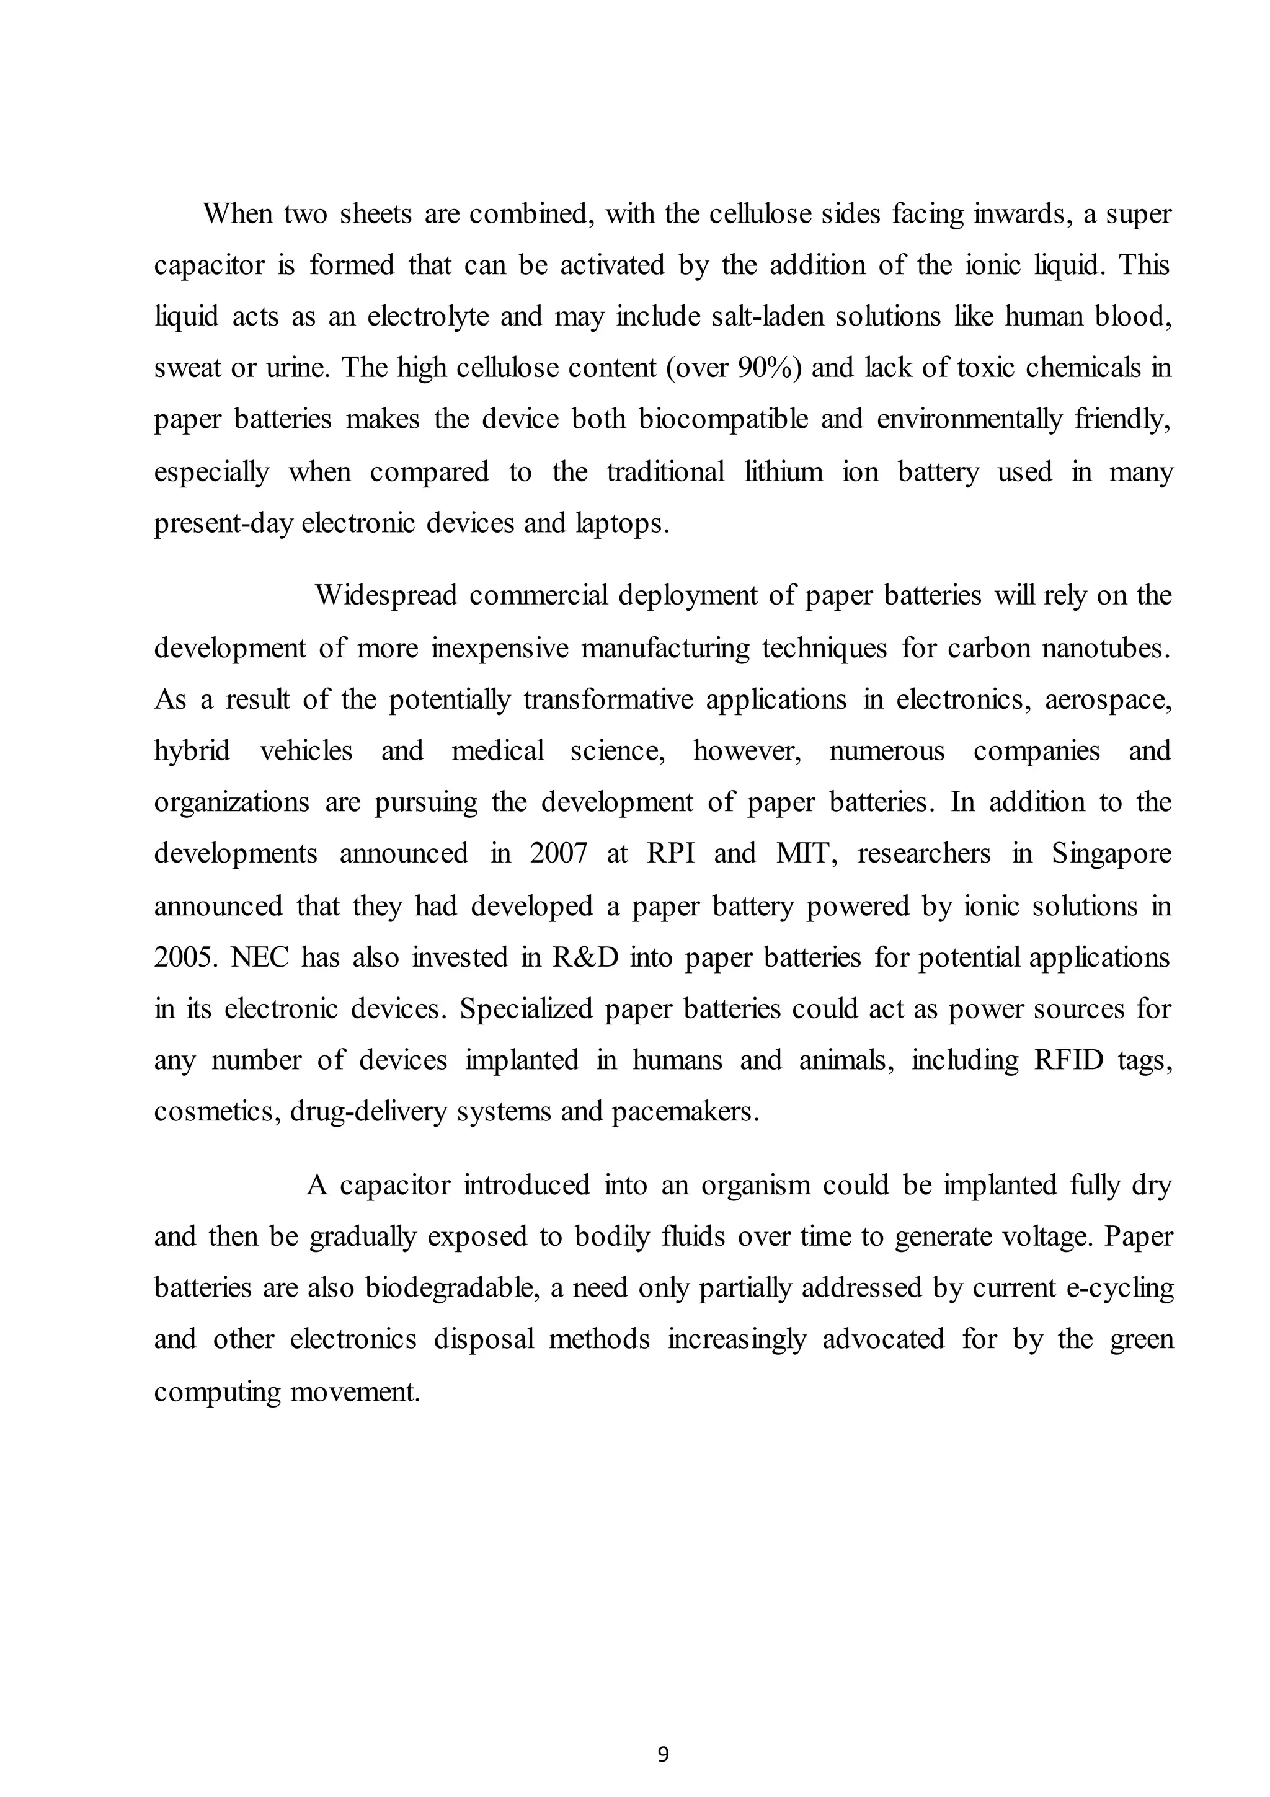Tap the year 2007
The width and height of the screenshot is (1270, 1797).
(558, 853)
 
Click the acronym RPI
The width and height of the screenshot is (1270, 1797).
(670, 853)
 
